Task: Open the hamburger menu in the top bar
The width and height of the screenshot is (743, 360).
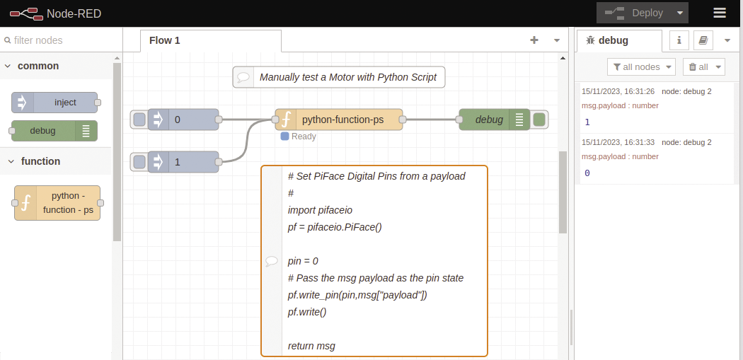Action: click(x=720, y=13)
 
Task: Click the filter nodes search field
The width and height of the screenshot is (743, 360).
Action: click(x=60, y=40)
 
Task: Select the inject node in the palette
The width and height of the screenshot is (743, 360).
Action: click(x=55, y=103)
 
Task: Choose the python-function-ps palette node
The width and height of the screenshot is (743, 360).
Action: click(x=58, y=204)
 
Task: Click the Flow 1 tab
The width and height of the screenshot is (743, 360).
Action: click(x=165, y=40)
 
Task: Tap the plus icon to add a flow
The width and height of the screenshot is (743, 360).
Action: click(x=534, y=40)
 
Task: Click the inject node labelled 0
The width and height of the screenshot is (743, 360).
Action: click(x=183, y=120)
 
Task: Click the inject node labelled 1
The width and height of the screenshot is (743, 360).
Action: click(x=183, y=162)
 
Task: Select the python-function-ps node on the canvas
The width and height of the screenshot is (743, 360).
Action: click(x=339, y=120)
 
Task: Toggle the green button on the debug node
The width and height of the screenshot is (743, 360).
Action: click(x=539, y=120)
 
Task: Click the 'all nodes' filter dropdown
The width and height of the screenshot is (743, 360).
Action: click(x=641, y=66)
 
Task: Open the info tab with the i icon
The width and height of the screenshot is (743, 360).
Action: click(x=679, y=40)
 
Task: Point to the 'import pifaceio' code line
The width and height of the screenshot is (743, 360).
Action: click(x=320, y=210)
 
